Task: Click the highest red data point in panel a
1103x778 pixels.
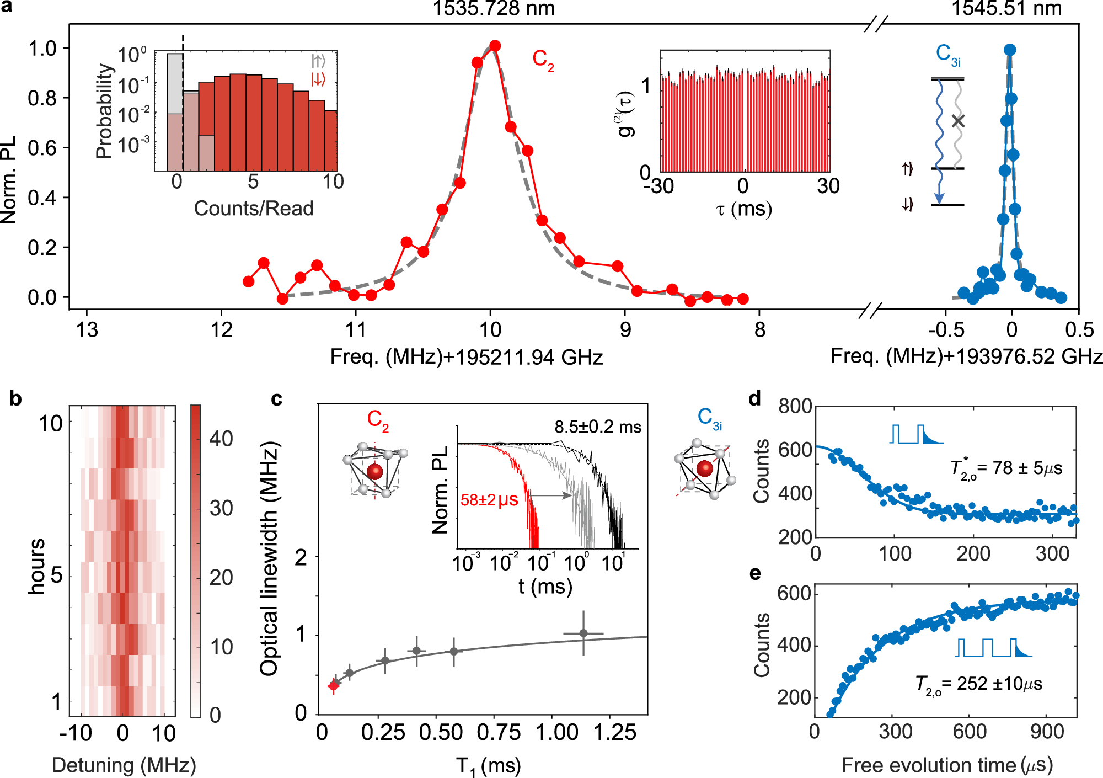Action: (495, 46)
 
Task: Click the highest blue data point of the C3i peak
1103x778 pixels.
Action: (1010, 50)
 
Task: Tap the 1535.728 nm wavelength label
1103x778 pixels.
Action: (493, 8)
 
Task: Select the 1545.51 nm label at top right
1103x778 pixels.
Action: (1006, 8)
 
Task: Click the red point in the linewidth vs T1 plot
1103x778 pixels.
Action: (333, 686)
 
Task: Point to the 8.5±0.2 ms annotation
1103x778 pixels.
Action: (598, 427)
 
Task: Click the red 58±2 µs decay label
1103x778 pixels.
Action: (489, 500)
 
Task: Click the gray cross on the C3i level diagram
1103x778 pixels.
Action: (959, 121)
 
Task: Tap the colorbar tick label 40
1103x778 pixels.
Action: (221, 439)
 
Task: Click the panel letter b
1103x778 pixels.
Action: (15, 398)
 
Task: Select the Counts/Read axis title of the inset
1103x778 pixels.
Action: (254, 209)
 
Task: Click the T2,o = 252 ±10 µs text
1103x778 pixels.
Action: (978, 684)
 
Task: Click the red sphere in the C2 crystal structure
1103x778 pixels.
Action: (374, 472)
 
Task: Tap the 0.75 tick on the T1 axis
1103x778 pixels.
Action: (499, 733)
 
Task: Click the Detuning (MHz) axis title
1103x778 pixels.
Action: (124, 765)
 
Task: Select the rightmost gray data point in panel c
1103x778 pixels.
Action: (583, 633)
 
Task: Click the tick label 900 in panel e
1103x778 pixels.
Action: (1046, 732)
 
